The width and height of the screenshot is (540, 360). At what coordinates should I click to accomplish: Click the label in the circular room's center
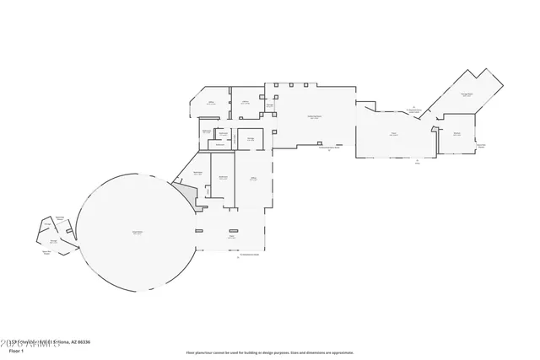[137, 232]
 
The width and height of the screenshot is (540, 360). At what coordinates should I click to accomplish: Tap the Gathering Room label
[312, 118]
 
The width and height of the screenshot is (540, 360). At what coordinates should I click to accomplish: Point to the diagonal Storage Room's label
[467, 95]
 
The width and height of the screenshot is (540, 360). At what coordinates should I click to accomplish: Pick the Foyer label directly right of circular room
[229, 237]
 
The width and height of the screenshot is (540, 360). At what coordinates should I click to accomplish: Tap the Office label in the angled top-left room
[213, 103]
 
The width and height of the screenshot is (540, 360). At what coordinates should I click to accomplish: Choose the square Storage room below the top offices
[251, 139]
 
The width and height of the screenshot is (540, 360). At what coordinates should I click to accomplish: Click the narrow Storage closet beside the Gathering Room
[269, 106]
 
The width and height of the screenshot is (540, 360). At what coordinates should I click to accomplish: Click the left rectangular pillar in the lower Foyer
[199, 231]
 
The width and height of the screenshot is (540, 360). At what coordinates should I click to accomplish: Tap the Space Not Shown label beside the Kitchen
[481, 145]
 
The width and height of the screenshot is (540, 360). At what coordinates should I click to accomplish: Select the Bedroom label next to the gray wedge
[198, 173]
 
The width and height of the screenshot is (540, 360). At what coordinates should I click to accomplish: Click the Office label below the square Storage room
[252, 179]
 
